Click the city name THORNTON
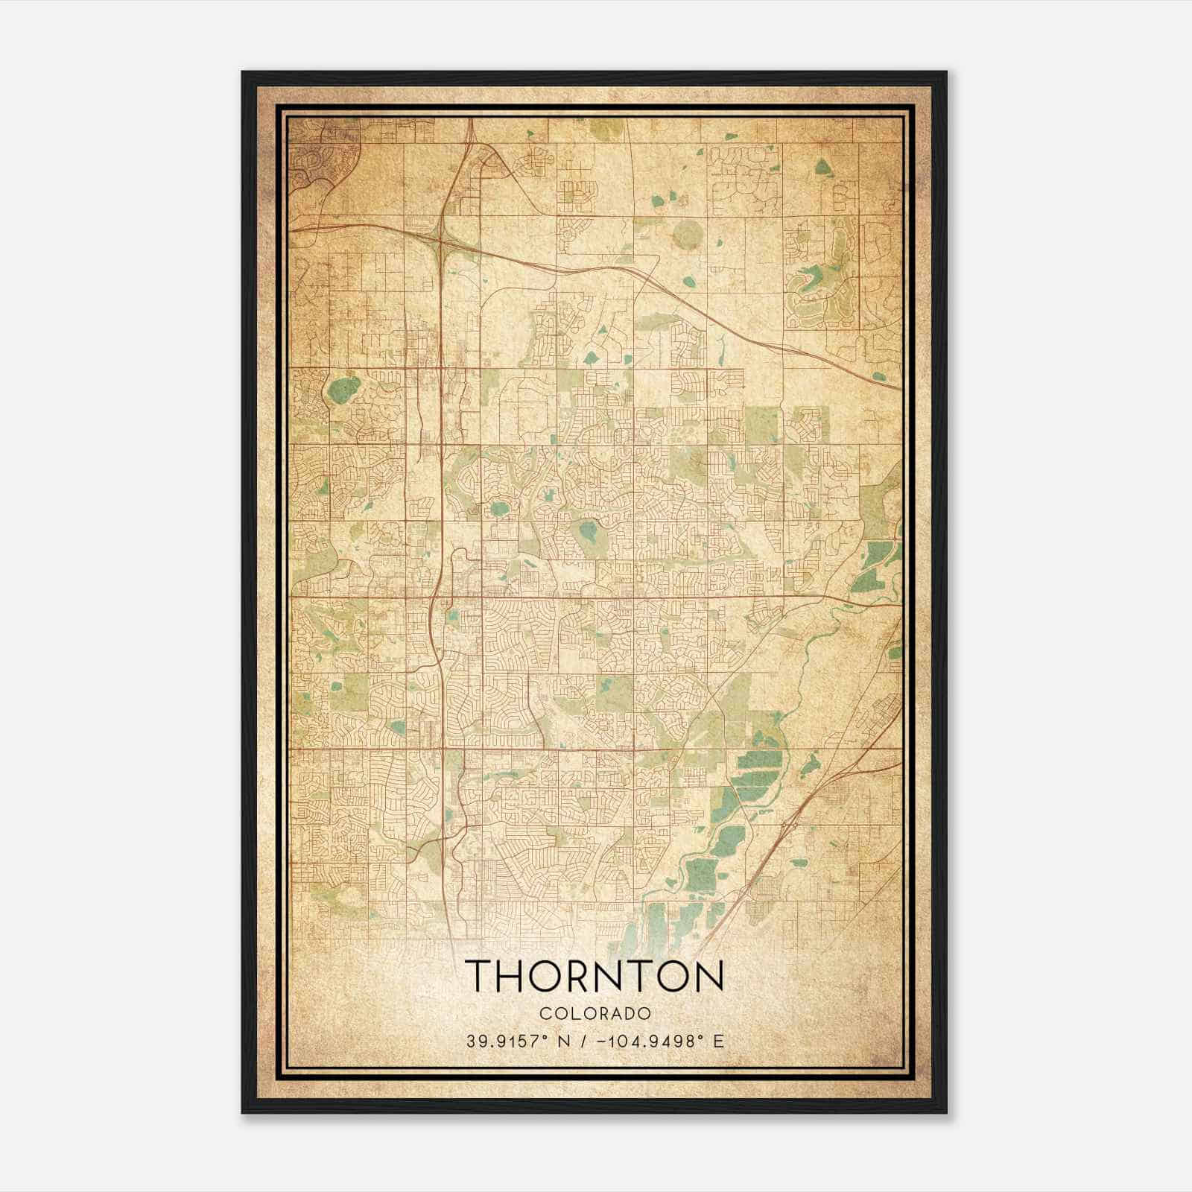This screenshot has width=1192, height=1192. (594, 976)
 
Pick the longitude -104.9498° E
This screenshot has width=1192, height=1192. (660, 1041)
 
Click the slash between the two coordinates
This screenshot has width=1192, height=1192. (583, 1041)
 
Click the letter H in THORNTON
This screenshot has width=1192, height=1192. (510, 976)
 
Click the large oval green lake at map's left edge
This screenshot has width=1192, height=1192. (343, 389)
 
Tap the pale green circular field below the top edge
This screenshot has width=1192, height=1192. (687, 235)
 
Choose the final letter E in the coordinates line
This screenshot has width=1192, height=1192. (718, 1041)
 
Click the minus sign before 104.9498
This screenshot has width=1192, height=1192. (601, 1041)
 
